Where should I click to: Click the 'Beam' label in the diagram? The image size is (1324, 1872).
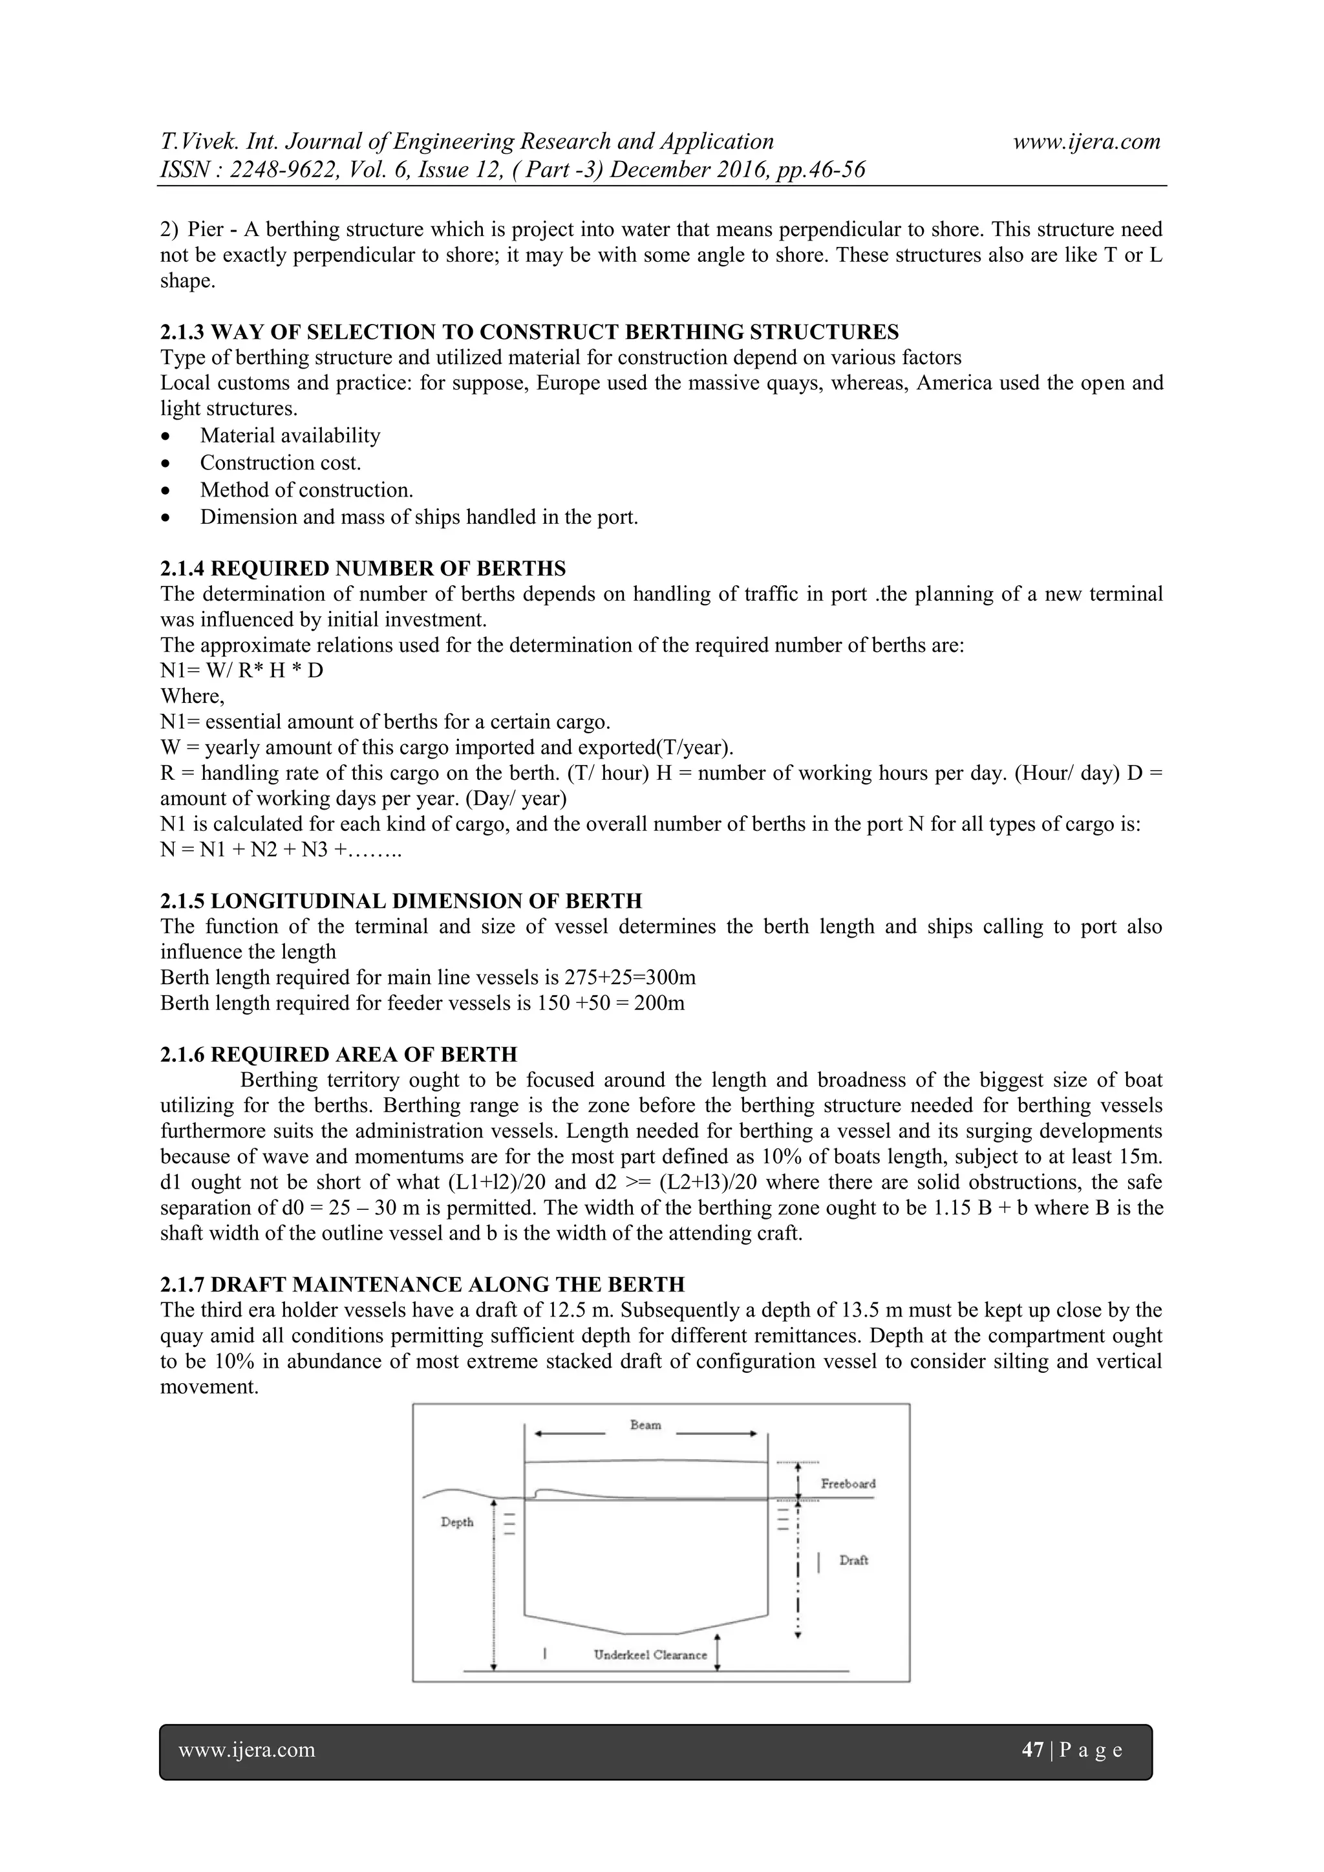(645, 1425)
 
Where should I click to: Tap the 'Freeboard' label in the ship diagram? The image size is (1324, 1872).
(848, 1484)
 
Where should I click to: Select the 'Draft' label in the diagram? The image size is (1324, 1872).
(853, 1560)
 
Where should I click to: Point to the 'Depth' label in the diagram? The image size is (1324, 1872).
(456, 1522)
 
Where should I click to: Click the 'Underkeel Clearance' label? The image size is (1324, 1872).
(650, 1654)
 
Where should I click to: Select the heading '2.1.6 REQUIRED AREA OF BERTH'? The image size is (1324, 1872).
(338, 1054)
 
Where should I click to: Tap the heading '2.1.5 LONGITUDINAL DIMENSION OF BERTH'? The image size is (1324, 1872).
(401, 901)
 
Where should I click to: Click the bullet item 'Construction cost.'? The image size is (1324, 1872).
(281, 463)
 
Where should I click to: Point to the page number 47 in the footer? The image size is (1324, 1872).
(1032, 1750)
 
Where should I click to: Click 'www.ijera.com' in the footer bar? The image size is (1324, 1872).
(246, 1750)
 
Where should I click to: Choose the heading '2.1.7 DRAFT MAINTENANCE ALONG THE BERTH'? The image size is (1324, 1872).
(422, 1285)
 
